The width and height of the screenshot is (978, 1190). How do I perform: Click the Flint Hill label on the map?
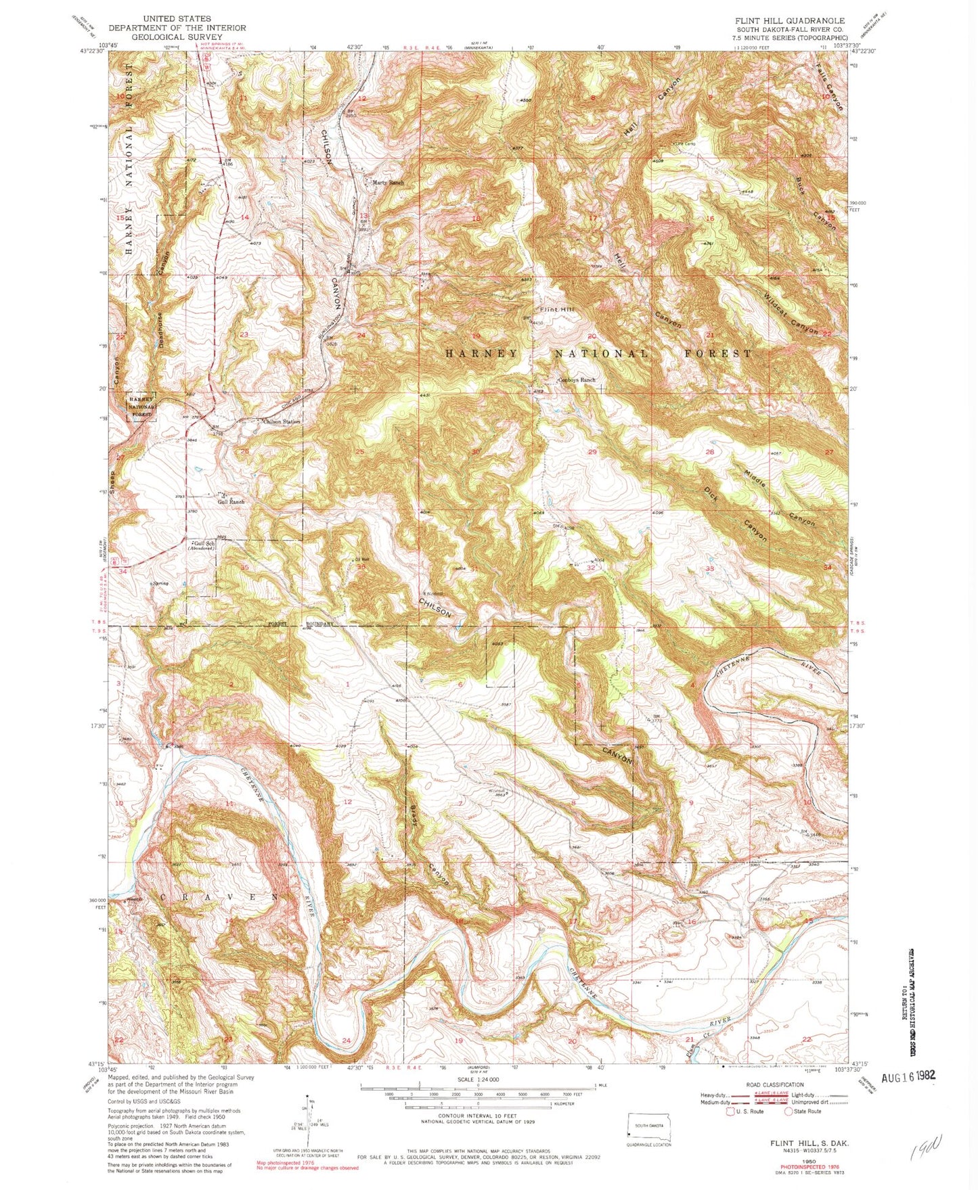coord(557,309)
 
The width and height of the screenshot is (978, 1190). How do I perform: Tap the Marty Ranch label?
coord(388,183)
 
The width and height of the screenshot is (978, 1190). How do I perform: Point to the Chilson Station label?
coord(282,421)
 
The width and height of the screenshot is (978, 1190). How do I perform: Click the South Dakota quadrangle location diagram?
coord(647,1124)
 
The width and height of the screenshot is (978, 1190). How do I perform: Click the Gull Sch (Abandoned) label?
coord(201,546)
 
